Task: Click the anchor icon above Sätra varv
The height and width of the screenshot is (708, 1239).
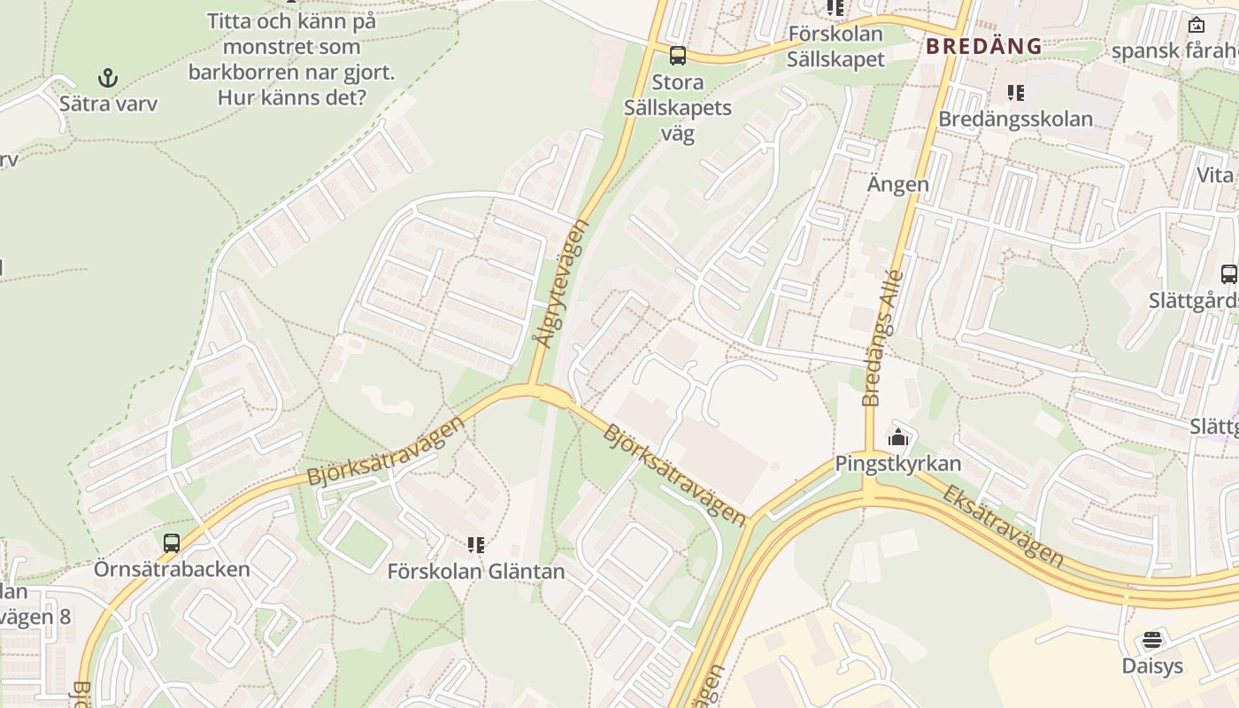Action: click(x=107, y=78)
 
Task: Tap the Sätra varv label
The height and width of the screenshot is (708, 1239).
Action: click(x=108, y=104)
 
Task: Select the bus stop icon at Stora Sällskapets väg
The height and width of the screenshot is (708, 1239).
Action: click(x=678, y=56)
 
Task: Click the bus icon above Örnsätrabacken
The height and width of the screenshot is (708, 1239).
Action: click(x=172, y=543)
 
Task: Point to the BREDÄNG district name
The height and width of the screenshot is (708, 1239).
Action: click(x=984, y=46)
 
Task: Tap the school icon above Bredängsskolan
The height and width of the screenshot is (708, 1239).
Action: click(x=1016, y=93)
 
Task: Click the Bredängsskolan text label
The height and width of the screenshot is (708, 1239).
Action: click(x=1015, y=119)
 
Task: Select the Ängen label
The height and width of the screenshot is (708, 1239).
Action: click(x=897, y=184)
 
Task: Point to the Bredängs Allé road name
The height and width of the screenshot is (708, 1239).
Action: click(x=882, y=337)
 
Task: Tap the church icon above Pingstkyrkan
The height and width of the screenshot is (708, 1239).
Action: click(x=898, y=437)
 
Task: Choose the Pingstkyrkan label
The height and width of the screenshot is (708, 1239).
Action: click(x=897, y=463)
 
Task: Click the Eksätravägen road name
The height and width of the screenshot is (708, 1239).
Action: click(x=1001, y=525)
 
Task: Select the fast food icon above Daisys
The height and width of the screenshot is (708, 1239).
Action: click(x=1152, y=639)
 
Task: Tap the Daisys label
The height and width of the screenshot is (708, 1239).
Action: click(x=1152, y=666)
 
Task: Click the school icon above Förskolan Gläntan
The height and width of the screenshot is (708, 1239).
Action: click(x=476, y=544)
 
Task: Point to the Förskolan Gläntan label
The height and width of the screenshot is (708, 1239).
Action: click(x=476, y=572)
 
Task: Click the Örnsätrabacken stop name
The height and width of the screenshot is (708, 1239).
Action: click(x=172, y=568)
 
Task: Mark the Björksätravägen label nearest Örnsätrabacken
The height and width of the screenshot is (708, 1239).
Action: click(x=385, y=451)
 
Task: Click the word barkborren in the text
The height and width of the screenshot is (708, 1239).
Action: click(x=242, y=72)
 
